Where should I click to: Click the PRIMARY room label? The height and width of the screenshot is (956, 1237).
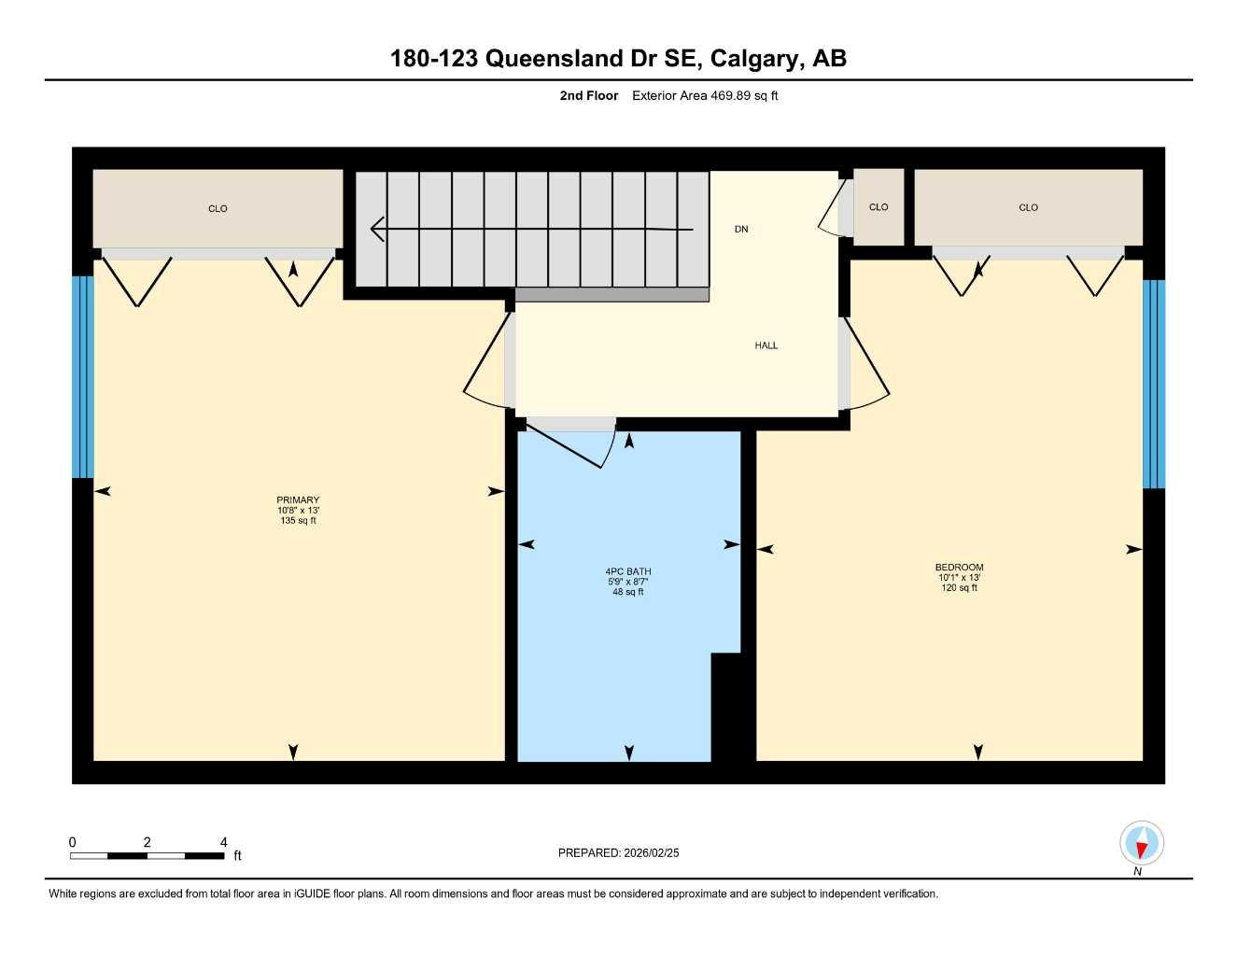298,500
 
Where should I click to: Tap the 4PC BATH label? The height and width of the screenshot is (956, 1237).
628,571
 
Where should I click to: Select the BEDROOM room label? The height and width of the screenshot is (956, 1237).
959,568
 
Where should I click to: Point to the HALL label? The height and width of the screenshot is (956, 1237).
766,345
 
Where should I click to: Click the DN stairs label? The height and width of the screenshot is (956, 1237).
741,229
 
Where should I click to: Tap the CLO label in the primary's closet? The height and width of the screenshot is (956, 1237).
218,208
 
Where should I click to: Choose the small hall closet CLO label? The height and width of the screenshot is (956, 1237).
879,207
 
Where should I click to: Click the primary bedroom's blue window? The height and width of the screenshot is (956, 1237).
83,376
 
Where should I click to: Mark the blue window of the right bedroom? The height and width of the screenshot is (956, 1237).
1154,384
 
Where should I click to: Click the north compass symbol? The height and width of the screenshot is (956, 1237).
1141,845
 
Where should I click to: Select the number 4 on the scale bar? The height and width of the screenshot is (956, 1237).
224,842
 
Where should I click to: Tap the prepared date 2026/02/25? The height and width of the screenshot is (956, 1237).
652,852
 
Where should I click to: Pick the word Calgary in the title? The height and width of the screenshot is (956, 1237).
755,59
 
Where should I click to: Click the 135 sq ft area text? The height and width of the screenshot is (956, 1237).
298,521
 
